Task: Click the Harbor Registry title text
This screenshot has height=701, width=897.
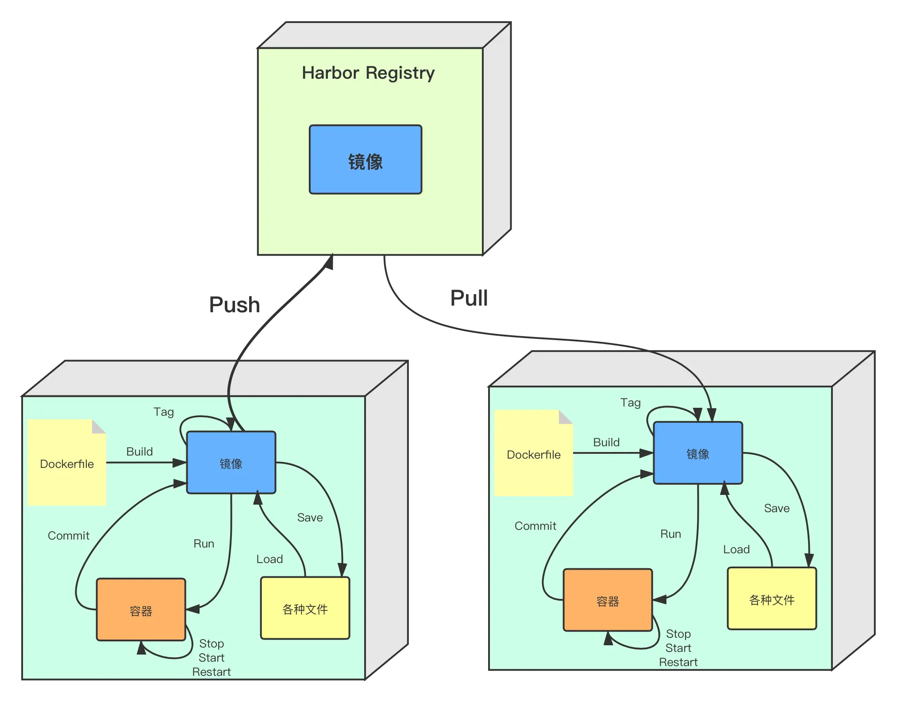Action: (368, 73)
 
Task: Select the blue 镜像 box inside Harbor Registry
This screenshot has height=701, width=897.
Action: (366, 160)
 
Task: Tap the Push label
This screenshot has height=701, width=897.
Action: (235, 305)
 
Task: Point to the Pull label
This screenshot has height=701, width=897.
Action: (469, 298)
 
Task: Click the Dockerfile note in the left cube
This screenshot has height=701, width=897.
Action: (67, 462)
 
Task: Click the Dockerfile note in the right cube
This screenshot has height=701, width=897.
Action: (534, 453)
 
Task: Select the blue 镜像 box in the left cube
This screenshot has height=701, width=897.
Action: (231, 463)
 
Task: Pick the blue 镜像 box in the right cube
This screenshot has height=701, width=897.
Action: (698, 453)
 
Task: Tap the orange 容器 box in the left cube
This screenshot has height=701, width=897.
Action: (141, 609)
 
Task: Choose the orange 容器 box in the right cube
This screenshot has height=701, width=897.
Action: (608, 600)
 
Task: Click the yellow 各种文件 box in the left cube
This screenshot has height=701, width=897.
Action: (305, 608)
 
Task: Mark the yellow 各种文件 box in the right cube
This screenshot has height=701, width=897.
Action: (772, 598)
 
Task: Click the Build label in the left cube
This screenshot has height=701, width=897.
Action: (139, 452)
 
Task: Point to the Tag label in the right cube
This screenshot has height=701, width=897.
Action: (631, 403)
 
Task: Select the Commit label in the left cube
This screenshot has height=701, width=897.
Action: (69, 536)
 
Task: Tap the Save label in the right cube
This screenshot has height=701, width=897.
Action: (777, 508)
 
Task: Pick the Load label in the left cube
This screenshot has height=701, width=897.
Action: (269, 559)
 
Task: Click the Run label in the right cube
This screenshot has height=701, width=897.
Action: (671, 534)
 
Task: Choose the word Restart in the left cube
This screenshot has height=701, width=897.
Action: (212, 672)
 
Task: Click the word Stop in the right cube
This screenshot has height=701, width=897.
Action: (678, 634)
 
